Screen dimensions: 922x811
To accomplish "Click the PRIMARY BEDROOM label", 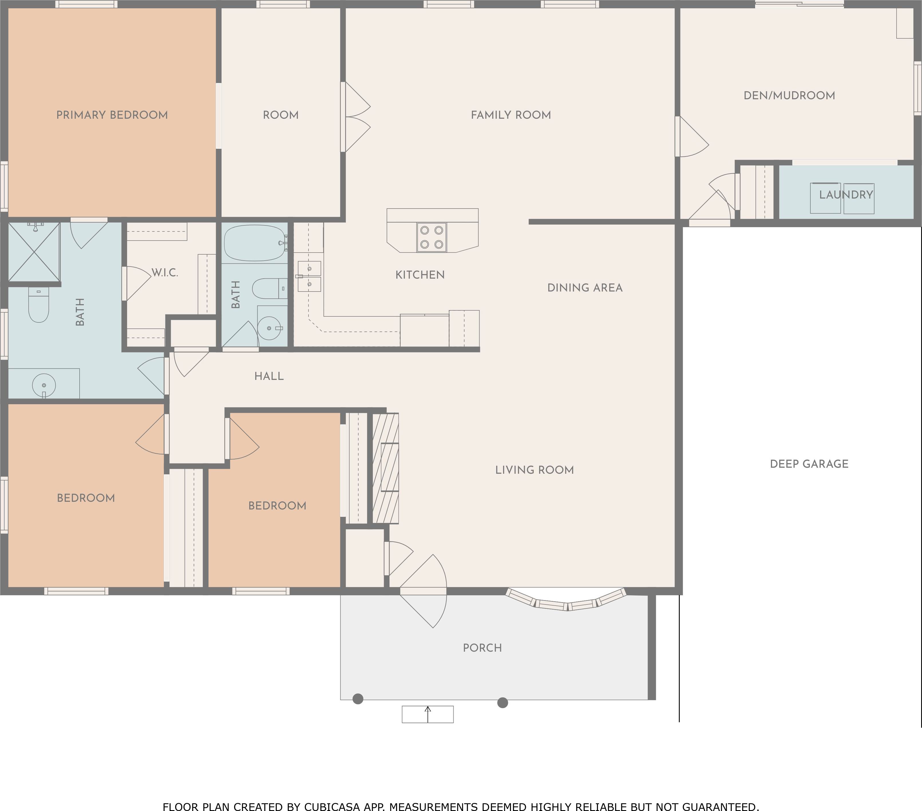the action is (x=112, y=115).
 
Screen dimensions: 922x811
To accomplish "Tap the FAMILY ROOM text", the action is (x=511, y=115).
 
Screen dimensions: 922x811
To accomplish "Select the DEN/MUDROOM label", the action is (x=789, y=96).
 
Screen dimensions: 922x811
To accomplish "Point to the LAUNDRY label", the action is (x=846, y=195).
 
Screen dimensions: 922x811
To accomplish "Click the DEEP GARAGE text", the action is (x=809, y=464).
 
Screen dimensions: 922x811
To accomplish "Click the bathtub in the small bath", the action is (x=255, y=243).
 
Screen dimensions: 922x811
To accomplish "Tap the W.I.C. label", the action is (x=165, y=272).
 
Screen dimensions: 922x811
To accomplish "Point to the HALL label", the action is (x=269, y=376).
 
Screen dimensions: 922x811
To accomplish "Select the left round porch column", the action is (x=358, y=699).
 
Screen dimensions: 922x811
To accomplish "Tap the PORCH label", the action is (x=482, y=648).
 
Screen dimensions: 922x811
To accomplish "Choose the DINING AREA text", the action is (x=585, y=288).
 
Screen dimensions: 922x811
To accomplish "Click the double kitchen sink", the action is (x=309, y=276).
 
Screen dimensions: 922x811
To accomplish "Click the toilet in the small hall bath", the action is (x=269, y=289).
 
